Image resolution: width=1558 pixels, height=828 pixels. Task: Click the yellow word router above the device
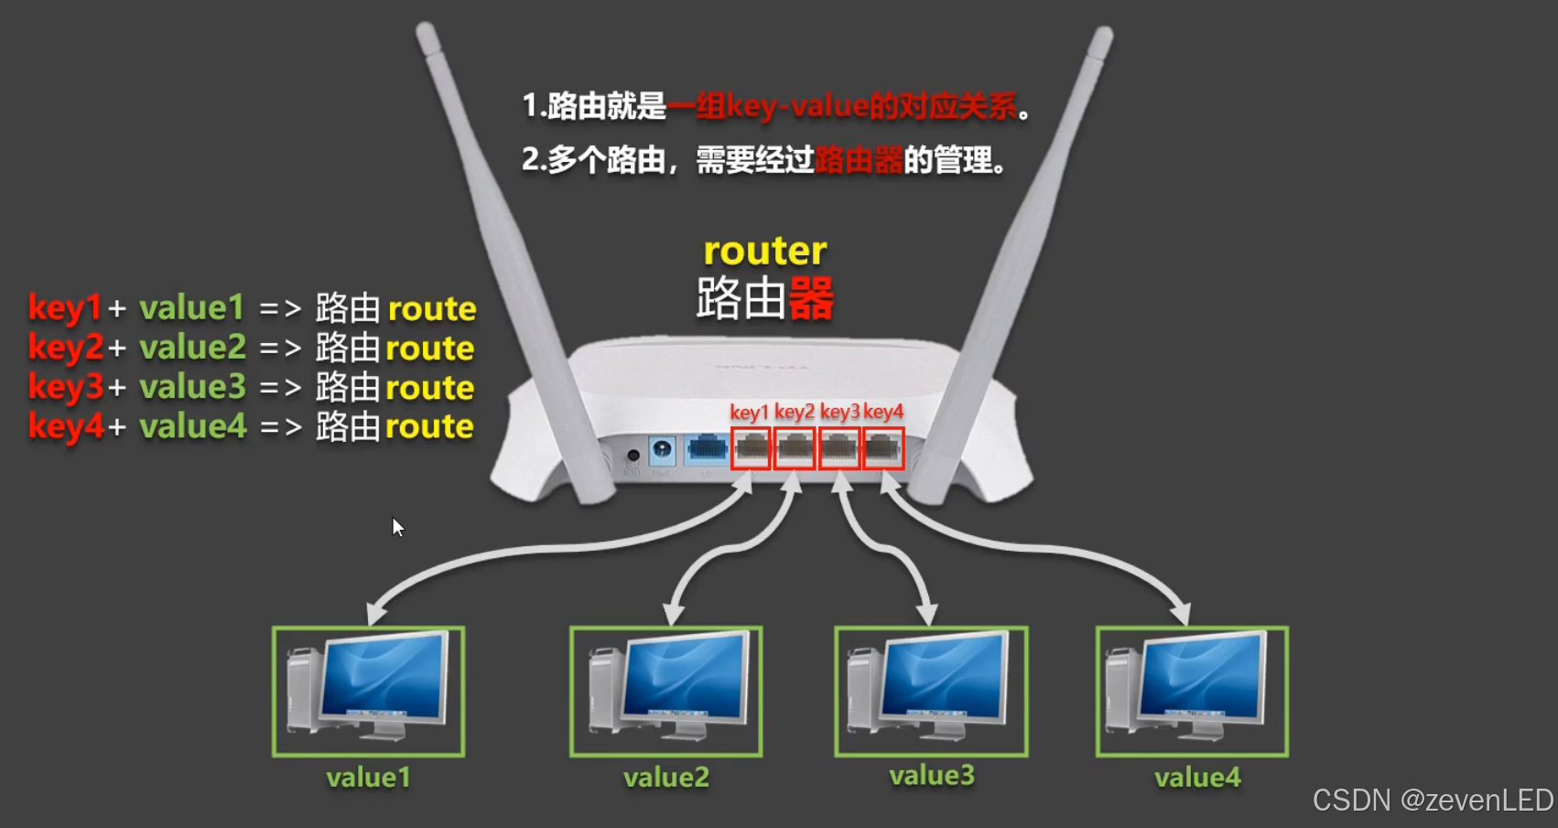point(764,252)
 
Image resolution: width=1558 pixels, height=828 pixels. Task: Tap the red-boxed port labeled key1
point(752,448)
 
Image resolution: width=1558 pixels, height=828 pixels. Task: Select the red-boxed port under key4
point(882,448)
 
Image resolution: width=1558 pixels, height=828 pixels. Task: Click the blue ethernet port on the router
point(707,448)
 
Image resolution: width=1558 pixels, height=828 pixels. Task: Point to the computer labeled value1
point(369,692)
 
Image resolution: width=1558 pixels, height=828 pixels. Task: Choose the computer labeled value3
point(931,692)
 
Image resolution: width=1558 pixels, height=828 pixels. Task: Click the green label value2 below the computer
point(666,778)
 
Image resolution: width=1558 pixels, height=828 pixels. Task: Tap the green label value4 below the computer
point(1197,778)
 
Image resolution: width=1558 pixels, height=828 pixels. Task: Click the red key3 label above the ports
point(839,412)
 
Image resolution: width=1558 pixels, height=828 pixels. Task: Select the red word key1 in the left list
point(64,308)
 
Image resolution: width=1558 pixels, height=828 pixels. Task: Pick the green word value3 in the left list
point(193,387)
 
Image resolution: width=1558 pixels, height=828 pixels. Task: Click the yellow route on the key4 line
point(429,427)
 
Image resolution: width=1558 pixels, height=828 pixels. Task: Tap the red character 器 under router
point(811,298)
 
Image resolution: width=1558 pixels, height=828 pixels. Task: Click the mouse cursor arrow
point(397,527)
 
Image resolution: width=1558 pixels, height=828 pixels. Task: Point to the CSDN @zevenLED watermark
point(1433,801)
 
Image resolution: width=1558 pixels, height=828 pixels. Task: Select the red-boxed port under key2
point(795,448)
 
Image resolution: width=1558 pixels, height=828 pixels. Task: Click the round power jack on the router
point(662,450)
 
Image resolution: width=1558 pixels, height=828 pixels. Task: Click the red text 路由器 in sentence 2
point(859,161)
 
